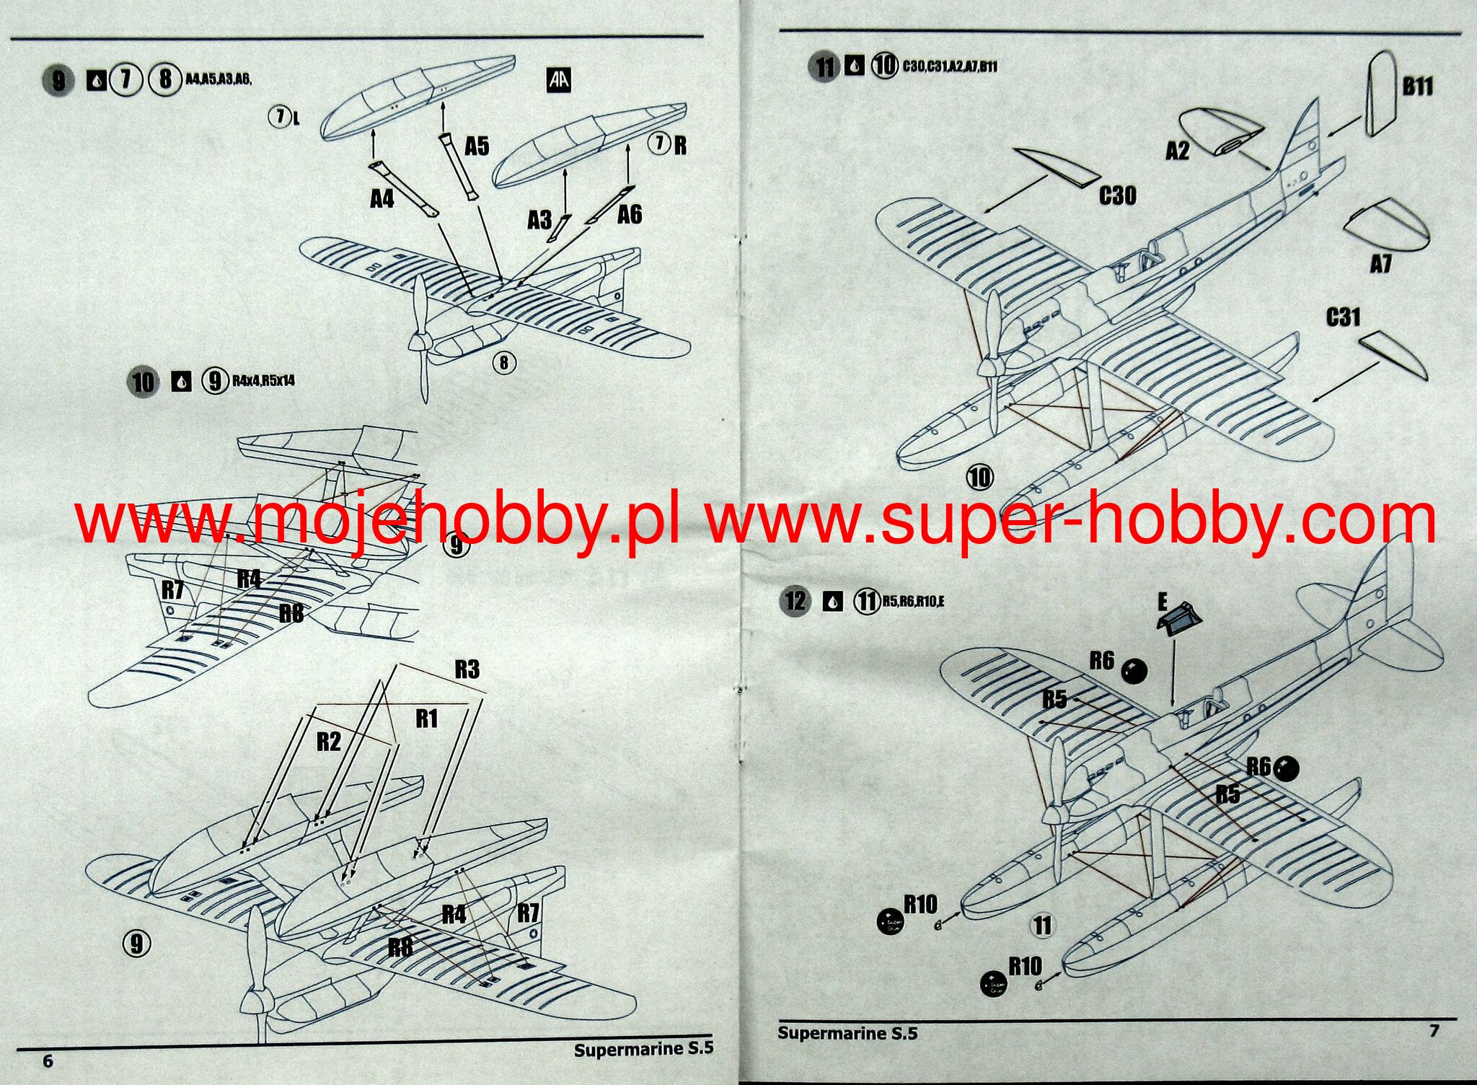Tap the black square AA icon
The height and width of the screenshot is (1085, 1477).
559,79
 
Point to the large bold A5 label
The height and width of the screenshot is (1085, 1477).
477,146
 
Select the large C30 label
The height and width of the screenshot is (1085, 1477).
1117,196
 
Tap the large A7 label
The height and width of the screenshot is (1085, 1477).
1380,265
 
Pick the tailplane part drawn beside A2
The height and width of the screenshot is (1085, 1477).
1221,131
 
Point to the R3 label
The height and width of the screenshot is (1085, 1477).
467,669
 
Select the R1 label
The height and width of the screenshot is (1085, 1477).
426,719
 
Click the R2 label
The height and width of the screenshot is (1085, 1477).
329,742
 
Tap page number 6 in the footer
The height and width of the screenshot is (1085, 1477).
48,1060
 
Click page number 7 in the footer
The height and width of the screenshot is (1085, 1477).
1434,1031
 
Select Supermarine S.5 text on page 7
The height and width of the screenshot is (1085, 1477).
847,1033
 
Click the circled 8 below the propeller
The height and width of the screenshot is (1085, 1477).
504,362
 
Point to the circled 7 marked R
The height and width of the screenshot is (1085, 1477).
659,144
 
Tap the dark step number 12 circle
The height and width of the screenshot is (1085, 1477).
795,601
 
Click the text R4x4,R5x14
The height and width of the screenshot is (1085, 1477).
263,380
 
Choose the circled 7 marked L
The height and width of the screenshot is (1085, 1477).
279,115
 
